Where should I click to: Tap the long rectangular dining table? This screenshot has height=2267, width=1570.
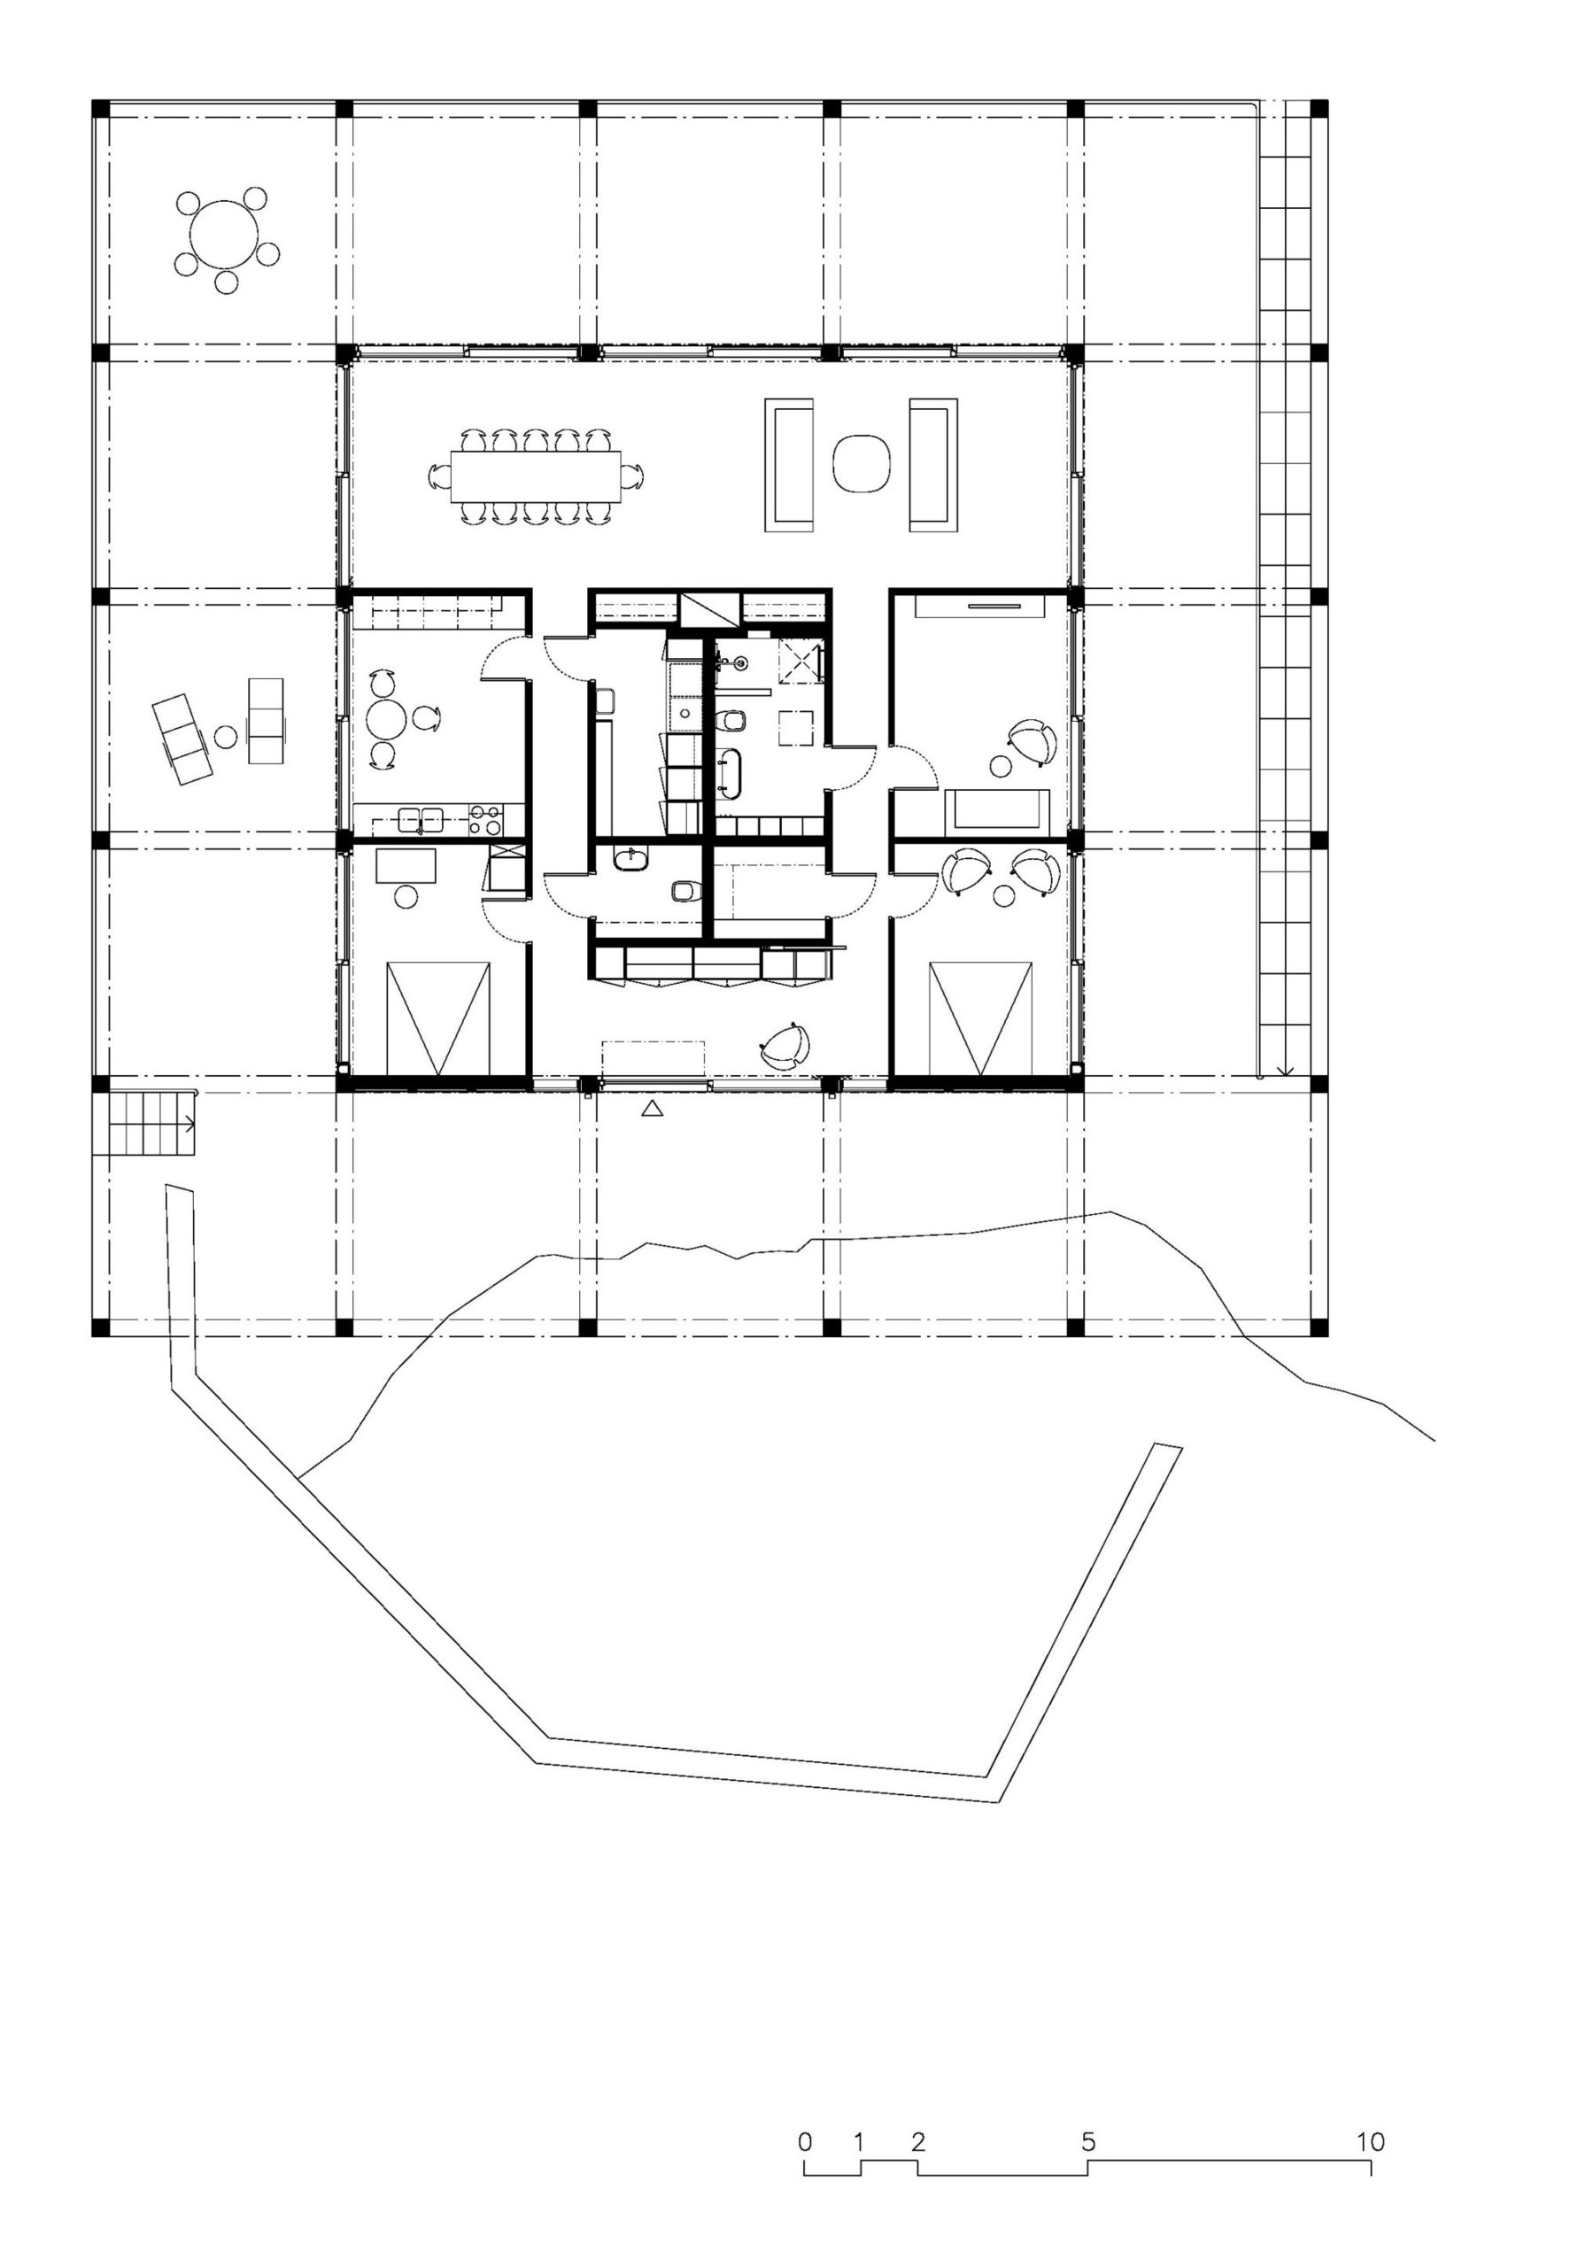pos(536,476)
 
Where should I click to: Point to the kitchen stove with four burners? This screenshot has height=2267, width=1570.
pos(485,820)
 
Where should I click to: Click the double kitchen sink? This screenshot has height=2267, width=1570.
pos(421,819)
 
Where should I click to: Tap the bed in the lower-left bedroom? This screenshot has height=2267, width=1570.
pos(437,1018)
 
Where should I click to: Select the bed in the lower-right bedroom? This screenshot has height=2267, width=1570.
pos(981,1018)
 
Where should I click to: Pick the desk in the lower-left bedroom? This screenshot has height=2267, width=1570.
pos(406,864)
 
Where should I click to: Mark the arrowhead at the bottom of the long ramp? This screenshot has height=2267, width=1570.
pos(1286,1070)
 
